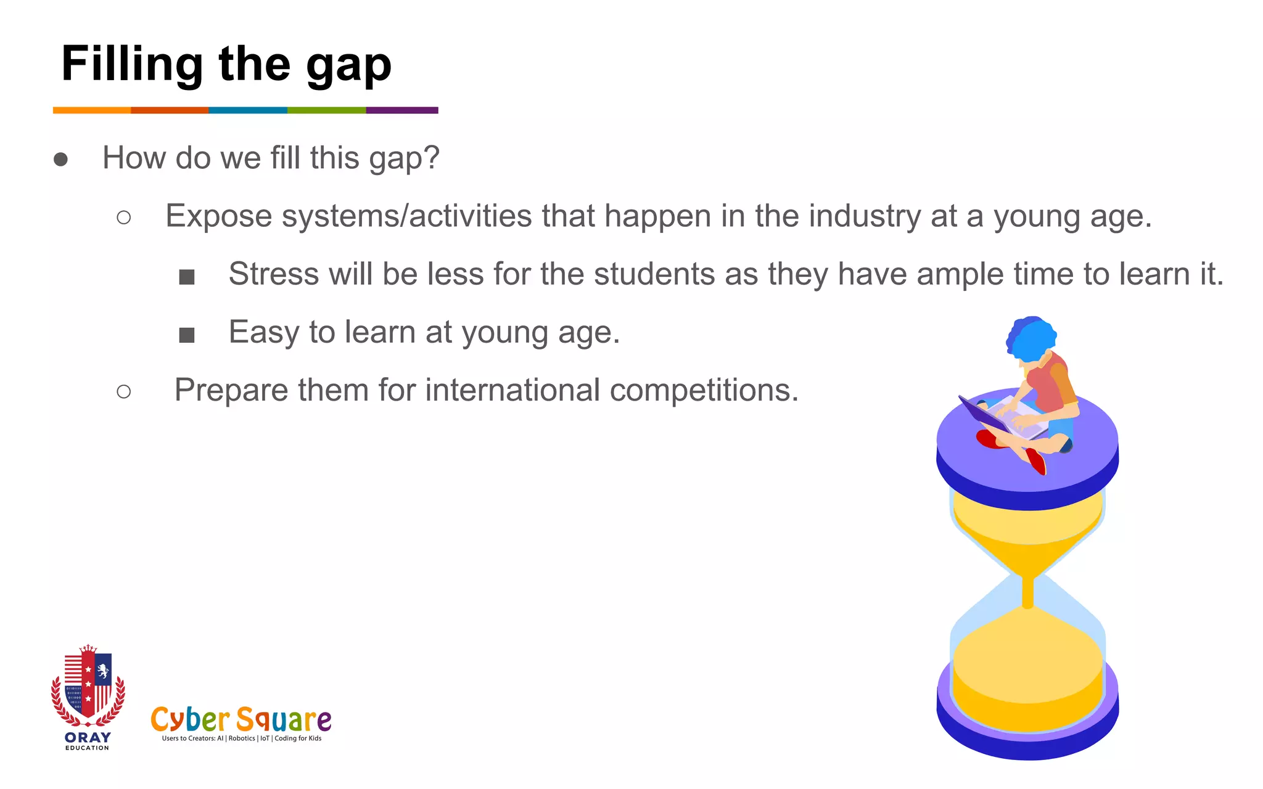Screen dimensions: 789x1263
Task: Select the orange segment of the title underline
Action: (x=92, y=110)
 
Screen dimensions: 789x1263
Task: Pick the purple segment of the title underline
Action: (x=402, y=110)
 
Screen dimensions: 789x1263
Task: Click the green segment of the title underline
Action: (x=326, y=110)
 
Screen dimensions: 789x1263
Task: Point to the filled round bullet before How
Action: (x=60, y=160)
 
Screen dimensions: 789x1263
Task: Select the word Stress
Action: (x=273, y=274)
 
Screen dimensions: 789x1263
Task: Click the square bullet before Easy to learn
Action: (x=186, y=335)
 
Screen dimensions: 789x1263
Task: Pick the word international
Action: (x=512, y=390)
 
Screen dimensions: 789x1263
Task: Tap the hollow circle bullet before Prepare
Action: (x=123, y=391)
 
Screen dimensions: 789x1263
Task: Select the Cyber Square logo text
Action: (x=241, y=720)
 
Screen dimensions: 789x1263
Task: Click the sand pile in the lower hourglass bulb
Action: (x=1027, y=666)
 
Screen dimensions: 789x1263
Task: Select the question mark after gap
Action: (x=430, y=158)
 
